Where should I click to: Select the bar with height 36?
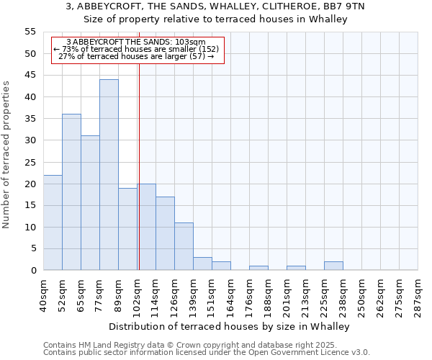[71, 192]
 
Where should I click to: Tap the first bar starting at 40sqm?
[53, 222]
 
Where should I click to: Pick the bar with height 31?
[90, 203]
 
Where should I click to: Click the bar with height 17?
[165, 233]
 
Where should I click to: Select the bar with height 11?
[184, 246]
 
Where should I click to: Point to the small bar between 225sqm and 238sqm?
[333, 266]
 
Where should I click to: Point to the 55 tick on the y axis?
[30, 32]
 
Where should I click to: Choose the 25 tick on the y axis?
[30, 162]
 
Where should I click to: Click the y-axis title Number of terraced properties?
[6, 155]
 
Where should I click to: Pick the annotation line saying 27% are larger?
[135, 56]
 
